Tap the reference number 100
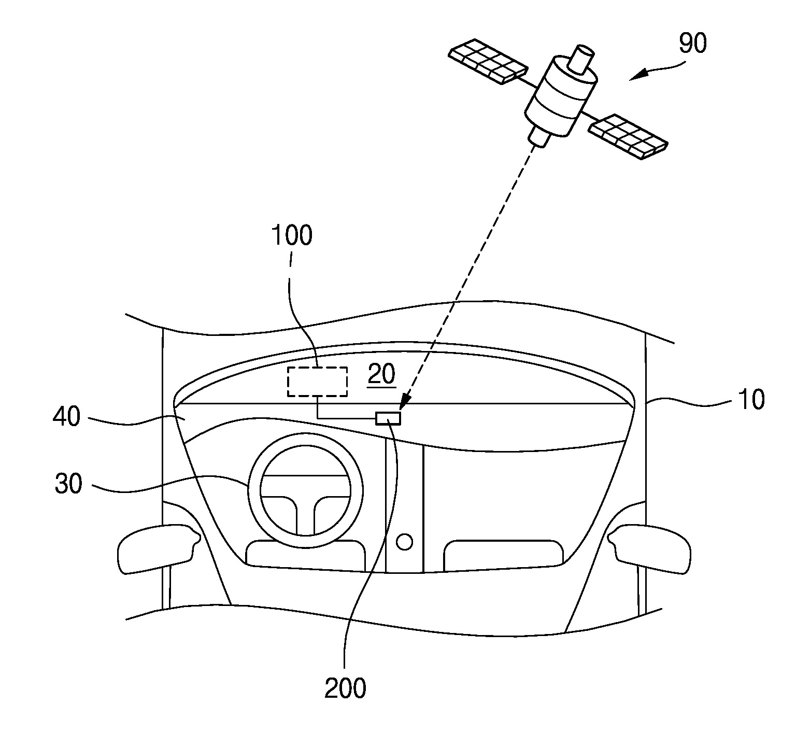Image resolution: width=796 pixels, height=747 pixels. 292,235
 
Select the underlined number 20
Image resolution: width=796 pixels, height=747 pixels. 382,374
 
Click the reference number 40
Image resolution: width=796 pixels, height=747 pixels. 67,417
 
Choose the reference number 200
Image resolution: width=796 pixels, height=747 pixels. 345,688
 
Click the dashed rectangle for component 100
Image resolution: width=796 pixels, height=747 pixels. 318,382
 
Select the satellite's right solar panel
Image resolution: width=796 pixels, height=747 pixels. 628,136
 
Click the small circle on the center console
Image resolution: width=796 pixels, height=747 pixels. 404,542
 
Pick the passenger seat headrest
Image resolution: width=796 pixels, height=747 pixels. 503,555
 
